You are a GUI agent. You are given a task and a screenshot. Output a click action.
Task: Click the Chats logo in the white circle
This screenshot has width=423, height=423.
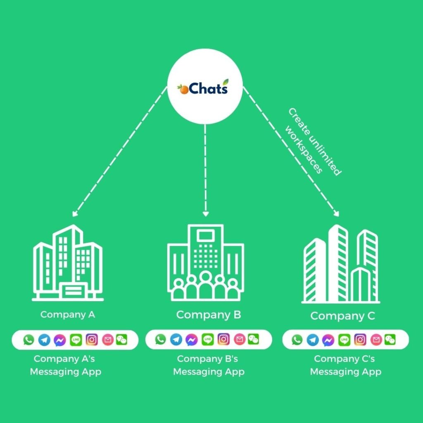tap(203, 88)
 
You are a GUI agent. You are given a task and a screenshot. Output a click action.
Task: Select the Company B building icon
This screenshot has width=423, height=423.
tap(205, 262)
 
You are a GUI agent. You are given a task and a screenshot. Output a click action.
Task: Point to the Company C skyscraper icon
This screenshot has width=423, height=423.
tap(341, 264)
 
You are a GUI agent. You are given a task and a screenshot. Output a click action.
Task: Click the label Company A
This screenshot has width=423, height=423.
tap(68, 314)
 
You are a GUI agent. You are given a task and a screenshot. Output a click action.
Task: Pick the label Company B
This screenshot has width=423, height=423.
tap(209, 315)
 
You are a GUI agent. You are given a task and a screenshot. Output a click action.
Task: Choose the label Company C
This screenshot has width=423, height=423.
tap(342, 316)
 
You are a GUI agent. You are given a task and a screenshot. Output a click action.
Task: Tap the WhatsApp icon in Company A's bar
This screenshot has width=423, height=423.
tap(29, 340)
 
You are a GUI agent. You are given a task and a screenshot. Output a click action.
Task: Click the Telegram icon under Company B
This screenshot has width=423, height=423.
tap(176, 340)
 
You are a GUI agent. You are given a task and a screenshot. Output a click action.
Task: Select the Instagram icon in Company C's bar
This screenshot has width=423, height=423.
tap(360, 340)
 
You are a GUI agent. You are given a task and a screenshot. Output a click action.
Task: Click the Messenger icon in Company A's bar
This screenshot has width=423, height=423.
tap(60, 340)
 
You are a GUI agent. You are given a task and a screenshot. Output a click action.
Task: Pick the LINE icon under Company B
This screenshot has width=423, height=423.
tap(208, 340)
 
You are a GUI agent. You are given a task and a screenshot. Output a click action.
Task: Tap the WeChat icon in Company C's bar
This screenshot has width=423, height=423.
tap(390, 340)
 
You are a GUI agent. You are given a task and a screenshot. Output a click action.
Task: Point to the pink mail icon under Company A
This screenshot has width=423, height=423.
tap(108, 340)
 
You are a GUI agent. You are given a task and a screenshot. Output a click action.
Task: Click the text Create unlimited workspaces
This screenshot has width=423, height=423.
tap(314, 143)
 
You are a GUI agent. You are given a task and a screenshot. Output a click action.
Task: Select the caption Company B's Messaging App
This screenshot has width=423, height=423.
tap(209, 365)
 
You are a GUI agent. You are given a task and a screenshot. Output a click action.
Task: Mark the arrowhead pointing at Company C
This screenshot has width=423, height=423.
tap(336, 214)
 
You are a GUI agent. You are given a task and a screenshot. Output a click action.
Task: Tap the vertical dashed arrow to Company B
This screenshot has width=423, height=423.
tap(205, 169)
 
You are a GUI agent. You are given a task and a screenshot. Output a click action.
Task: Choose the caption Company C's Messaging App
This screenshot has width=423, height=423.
tap(345, 365)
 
